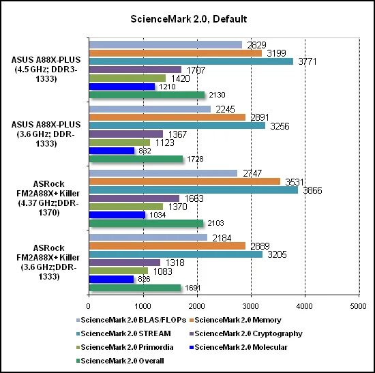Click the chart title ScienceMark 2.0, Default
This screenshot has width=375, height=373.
[x=188, y=19]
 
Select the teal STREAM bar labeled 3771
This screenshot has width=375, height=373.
[x=191, y=61]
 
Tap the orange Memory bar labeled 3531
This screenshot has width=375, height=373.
[x=185, y=181]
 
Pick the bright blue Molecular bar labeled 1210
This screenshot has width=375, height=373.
[x=122, y=87]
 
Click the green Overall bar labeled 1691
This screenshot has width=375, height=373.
[x=135, y=288]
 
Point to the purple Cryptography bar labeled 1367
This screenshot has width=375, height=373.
[x=126, y=134]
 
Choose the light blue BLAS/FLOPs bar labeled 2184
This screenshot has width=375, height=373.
[x=148, y=237]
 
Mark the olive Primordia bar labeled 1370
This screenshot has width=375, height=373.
[x=126, y=207]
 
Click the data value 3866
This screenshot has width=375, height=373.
[x=312, y=190]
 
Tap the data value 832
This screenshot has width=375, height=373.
[x=145, y=151]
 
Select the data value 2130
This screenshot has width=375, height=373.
[x=217, y=95]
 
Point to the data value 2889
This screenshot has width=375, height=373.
[x=260, y=246]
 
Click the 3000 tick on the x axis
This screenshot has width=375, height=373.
[x=251, y=306]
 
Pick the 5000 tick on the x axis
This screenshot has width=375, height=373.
[x=358, y=306]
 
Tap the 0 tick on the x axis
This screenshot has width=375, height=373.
[x=89, y=306]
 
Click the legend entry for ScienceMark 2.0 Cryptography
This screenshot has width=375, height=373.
[x=246, y=333]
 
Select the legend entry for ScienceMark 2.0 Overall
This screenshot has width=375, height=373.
[x=120, y=361]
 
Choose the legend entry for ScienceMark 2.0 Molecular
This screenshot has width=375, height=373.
[x=239, y=347]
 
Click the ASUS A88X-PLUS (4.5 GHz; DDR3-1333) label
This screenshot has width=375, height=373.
[x=46, y=69]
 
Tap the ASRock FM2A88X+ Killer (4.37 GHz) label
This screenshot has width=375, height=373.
[x=48, y=198]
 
